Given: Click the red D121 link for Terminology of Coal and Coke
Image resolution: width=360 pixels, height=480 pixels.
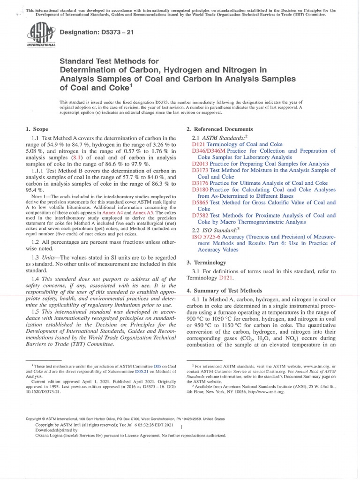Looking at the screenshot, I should (x=199, y=144).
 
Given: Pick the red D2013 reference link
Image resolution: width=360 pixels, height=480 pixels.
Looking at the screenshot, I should (x=201, y=164).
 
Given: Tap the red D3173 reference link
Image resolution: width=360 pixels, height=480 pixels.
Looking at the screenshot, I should (x=201, y=170).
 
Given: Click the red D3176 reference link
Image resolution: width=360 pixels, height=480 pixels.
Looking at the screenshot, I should (x=201, y=183).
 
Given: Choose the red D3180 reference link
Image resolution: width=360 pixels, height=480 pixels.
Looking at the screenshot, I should (x=201, y=189).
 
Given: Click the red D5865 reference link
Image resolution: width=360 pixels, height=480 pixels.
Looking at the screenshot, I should (x=201, y=202).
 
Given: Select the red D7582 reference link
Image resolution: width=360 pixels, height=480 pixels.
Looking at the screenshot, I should (x=201, y=215).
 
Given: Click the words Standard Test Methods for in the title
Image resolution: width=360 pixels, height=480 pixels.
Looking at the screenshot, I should (x=109, y=61).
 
